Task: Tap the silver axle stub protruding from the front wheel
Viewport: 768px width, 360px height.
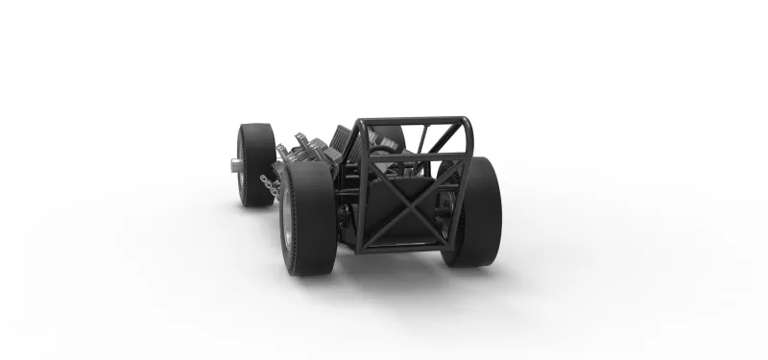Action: tap(235, 164)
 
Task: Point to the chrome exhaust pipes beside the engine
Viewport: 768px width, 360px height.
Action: tap(272, 182)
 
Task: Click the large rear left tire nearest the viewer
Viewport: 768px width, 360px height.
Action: tap(306, 218)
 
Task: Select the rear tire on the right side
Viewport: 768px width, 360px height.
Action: tap(476, 212)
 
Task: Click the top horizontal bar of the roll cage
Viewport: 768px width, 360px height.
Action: tap(413, 122)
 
